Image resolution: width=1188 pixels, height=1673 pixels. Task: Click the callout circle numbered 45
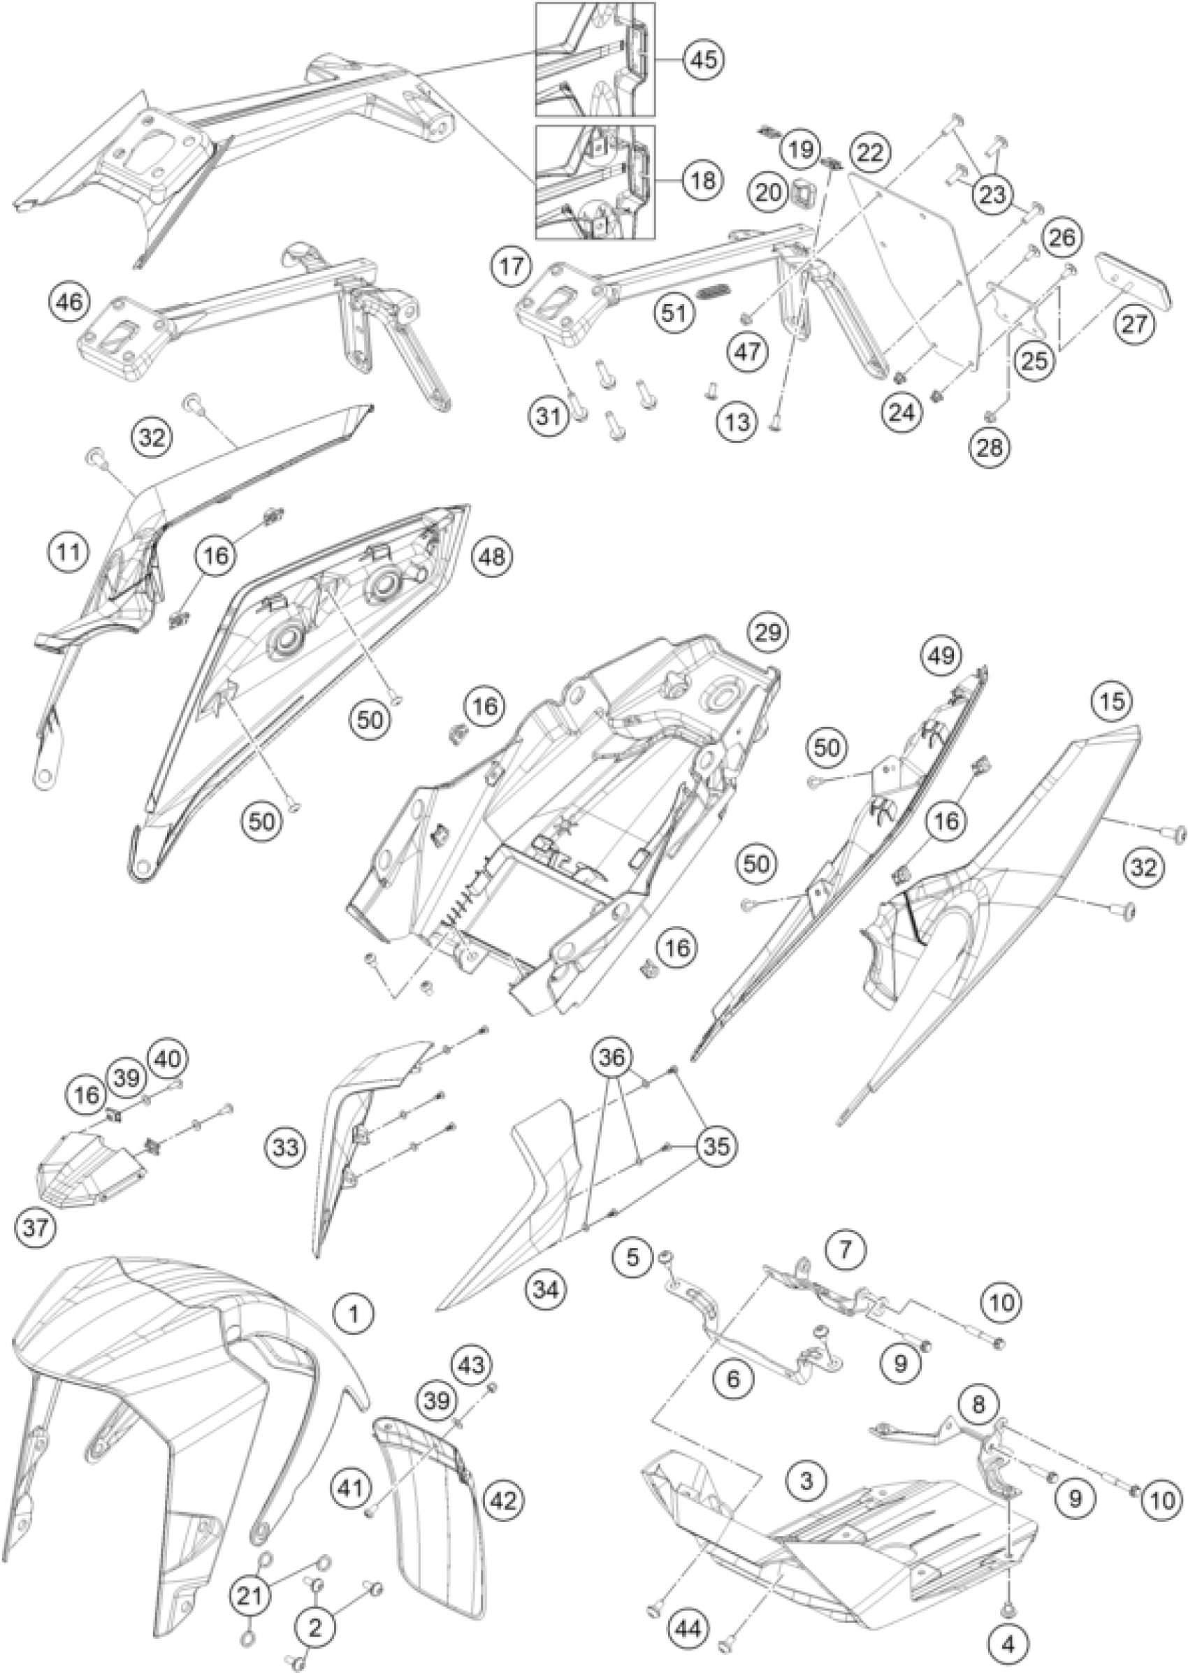pos(703,60)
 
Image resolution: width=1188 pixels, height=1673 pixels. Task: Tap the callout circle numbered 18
pos(703,181)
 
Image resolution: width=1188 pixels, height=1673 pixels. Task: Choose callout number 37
pos(36,1226)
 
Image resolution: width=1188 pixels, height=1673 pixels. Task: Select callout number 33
pos(286,1147)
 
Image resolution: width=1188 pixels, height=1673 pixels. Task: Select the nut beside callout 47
pos(746,317)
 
